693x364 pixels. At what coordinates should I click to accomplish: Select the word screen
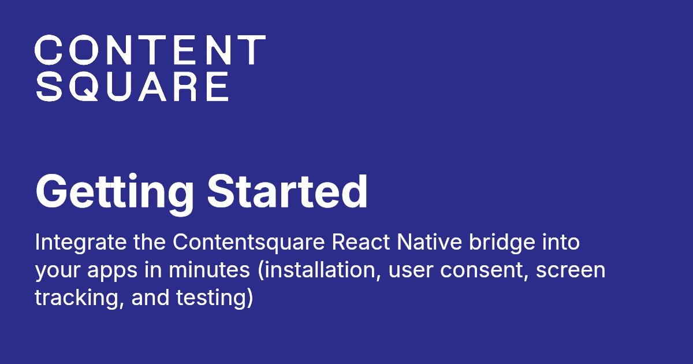point(571,270)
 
